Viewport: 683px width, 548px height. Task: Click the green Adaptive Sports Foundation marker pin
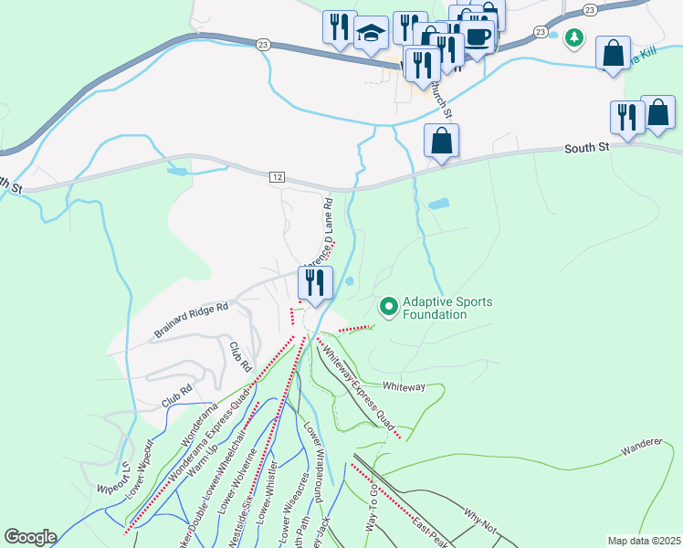tap(389, 306)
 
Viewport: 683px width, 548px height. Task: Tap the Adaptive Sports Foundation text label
tap(435, 308)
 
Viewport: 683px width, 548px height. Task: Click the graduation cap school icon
tap(371, 34)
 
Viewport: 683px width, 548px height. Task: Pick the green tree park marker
tap(573, 38)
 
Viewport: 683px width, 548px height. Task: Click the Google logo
tap(30, 537)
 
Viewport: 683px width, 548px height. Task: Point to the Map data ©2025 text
tap(644, 541)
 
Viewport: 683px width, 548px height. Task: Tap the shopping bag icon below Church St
tap(441, 142)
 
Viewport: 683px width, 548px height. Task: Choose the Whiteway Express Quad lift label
tap(358, 384)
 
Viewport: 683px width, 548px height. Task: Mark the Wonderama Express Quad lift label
tap(208, 435)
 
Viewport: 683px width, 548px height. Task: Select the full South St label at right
tap(586, 148)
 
